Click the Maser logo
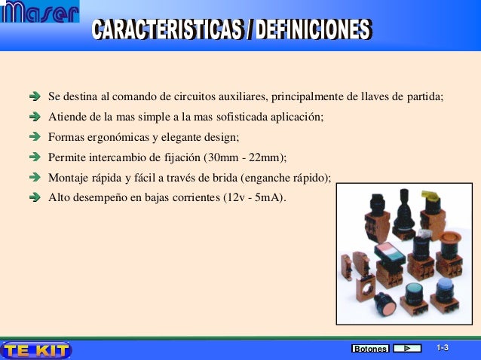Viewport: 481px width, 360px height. [x=41, y=14]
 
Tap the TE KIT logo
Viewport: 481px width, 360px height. [x=36, y=349]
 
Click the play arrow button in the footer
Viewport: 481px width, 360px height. [x=407, y=349]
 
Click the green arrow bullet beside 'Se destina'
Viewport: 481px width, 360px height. [x=35, y=98]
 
